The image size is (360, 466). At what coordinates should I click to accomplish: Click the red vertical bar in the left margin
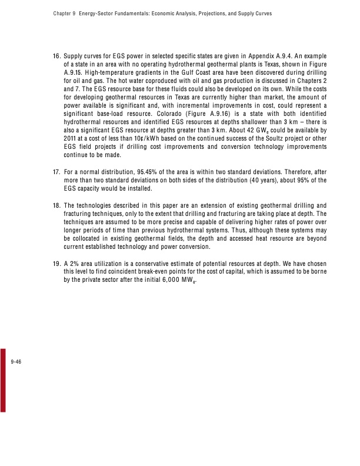coord(3,382)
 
